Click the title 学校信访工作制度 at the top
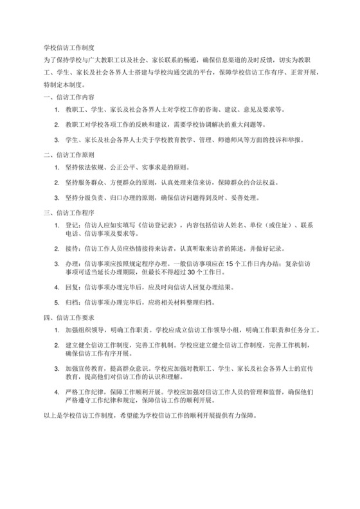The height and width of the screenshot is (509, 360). [x=69, y=48]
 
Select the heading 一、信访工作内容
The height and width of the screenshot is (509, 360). [x=68, y=97]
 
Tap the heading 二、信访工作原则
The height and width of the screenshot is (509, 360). [x=68, y=155]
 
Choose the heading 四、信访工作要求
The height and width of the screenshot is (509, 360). [x=68, y=317]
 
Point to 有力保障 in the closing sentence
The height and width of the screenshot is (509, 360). [x=240, y=416]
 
